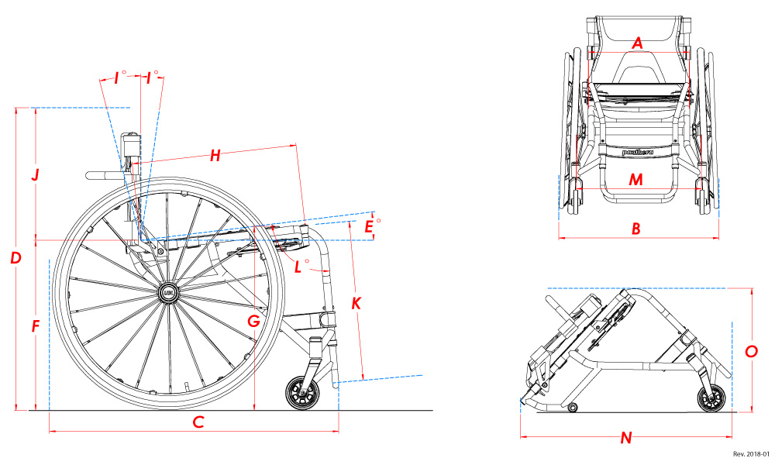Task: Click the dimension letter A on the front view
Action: pos(637,43)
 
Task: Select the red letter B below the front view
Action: pos(635,229)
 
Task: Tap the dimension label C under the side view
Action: pos(198,422)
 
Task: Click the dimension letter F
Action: pos(35,326)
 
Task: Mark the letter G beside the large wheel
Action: pos(253,320)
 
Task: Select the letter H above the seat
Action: pos(215,156)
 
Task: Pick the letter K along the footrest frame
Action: pos(356,303)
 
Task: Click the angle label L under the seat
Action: pos(299,267)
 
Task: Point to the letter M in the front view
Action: pos(635,180)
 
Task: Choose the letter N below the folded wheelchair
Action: pos(626,438)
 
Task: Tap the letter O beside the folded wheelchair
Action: pos(751,351)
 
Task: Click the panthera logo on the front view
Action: pos(636,153)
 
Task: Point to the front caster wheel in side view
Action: pos(301,394)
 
